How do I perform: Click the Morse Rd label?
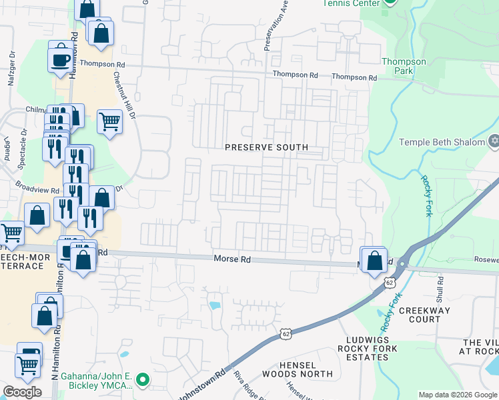tap(231, 259)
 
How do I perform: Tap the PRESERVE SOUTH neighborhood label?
tap(266, 147)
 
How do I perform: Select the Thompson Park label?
tap(404, 66)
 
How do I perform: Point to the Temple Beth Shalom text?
tap(442, 142)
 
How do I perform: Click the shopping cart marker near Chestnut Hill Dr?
tap(109, 122)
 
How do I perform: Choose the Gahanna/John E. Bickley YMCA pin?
tap(141, 381)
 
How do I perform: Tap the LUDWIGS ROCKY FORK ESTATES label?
tap(368, 348)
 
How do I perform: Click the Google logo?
tap(23, 392)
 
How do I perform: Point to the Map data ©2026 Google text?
tap(457, 395)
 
